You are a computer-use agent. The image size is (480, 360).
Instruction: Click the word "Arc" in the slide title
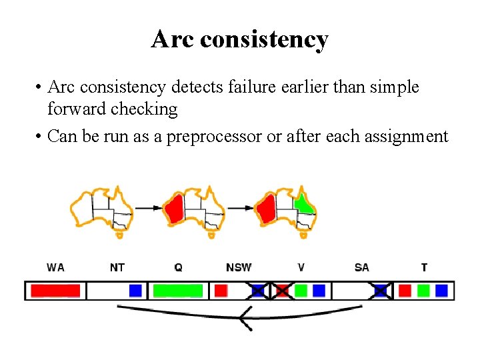(172, 39)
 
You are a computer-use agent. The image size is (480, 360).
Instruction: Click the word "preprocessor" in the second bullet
(214, 137)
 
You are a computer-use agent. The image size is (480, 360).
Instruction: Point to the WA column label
(55, 267)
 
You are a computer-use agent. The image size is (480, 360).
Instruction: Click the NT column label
(117, 267)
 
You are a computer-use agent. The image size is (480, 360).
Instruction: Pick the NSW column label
(239, 267)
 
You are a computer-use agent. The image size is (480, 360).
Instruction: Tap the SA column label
(362, 267)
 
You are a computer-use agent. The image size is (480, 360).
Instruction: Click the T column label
(424, 267)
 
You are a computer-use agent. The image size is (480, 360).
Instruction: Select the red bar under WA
(55, 291)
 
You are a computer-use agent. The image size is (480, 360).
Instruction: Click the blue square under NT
(135, 291)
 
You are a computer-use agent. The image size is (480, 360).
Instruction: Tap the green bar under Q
(178, 291)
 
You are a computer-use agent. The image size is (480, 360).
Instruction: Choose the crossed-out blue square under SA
(380, 291)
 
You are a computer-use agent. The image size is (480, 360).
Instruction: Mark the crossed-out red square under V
(282, 291)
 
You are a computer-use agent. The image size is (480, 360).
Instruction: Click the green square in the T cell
(423, 291)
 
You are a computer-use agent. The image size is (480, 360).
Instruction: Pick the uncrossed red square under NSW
(221, 291)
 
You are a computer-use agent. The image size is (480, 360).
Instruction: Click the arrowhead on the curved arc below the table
(245, 319)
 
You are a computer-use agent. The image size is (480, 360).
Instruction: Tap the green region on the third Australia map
(303, 203)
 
